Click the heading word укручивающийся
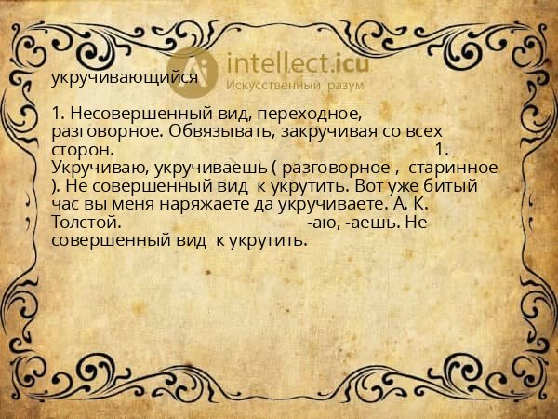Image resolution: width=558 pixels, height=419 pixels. coord(124,77)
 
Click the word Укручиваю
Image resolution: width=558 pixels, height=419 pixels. coord(97,168)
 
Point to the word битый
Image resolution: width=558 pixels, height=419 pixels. coord(472,185)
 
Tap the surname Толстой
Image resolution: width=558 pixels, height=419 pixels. coord(86,223)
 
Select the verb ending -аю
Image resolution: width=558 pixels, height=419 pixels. coord(321,223)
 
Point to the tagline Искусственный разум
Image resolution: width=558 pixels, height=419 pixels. coord(290,86)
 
